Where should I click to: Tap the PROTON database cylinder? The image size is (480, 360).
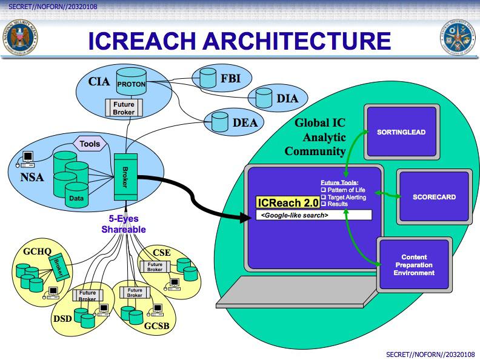coord(131,84)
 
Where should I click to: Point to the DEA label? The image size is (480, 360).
coord(245,123)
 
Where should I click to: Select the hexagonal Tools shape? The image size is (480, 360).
coord(90,144)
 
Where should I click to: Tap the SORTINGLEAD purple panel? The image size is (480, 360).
coord(401,132)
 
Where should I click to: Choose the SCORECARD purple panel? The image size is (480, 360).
coord(433,197)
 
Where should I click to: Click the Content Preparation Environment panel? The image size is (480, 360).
coord(414,265)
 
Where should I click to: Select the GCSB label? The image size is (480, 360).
coord(156,327)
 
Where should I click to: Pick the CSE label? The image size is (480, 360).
coord(162,252)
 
